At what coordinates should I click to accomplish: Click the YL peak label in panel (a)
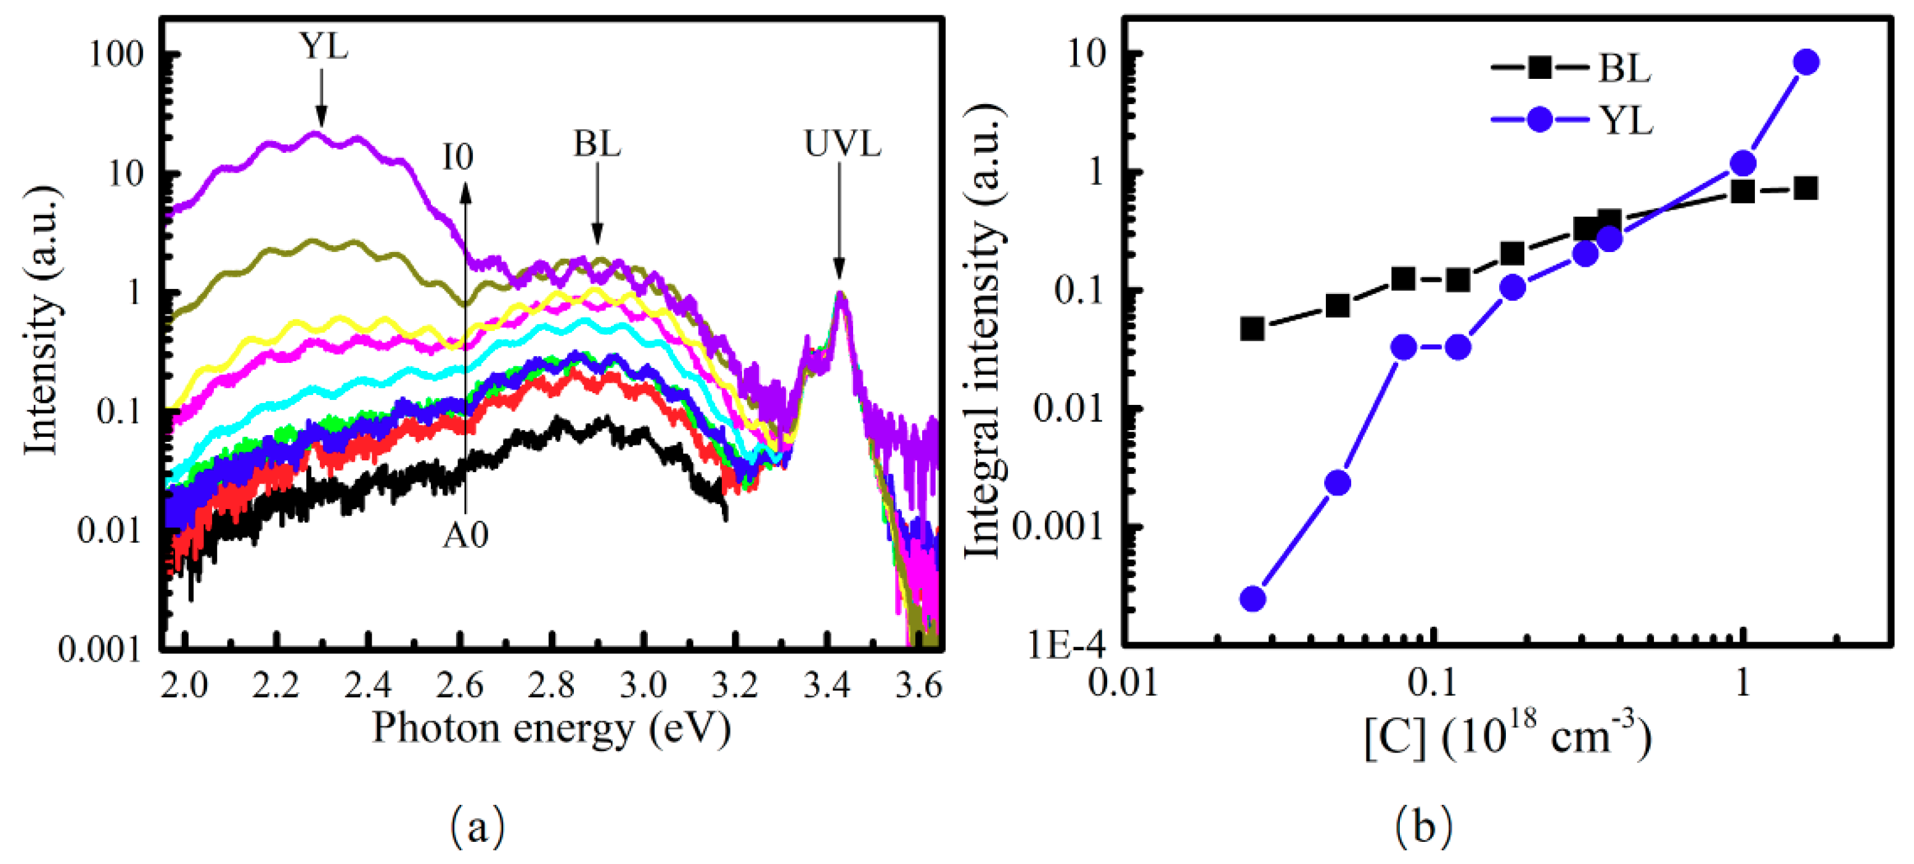[324, 47]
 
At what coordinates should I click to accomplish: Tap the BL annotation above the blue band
[597, 144]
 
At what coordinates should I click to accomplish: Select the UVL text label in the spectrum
[842, 144]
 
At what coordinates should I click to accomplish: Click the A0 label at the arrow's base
[466, 535]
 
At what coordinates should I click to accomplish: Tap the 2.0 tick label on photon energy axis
[185, 685]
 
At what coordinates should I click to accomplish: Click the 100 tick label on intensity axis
[116, 54]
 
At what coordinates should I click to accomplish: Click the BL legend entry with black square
[1571, 68]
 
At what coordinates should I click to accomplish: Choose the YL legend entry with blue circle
[1571, 120]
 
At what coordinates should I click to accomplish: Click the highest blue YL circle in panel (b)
[1806, 62]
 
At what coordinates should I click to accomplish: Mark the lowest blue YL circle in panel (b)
[1253, 598]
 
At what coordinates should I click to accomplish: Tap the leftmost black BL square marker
[1253, 328]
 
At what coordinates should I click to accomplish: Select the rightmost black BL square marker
[1806, 189]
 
